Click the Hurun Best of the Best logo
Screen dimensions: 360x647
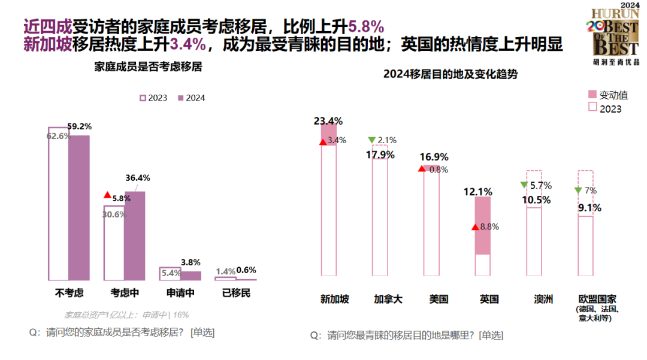click(x=614, y=34)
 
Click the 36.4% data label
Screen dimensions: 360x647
click(x=137, y=178)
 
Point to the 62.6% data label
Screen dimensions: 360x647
click(x=59, y=135)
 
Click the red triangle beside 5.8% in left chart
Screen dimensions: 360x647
click(x=107, y=195)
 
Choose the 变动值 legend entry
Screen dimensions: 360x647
click(x=608, y=95)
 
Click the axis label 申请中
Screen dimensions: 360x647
click(x=180, y=294)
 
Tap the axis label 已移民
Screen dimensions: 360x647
click(x=236, y=294)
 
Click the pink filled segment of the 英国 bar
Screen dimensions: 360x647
click(x=483, y=225)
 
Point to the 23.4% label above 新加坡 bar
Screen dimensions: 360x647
click(x=328, y=121)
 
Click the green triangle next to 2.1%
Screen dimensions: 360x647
click(x=371, y=140)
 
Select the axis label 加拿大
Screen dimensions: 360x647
click(x=388, y=300)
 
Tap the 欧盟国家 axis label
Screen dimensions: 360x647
click(x=597, y=299)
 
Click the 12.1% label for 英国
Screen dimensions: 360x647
click(x=477, y=192)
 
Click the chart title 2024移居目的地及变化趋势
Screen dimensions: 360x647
click(x=450, y=74)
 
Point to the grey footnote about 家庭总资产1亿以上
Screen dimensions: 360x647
click(x=126, y=314)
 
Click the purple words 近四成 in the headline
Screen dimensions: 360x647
click(x=47, y=26)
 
